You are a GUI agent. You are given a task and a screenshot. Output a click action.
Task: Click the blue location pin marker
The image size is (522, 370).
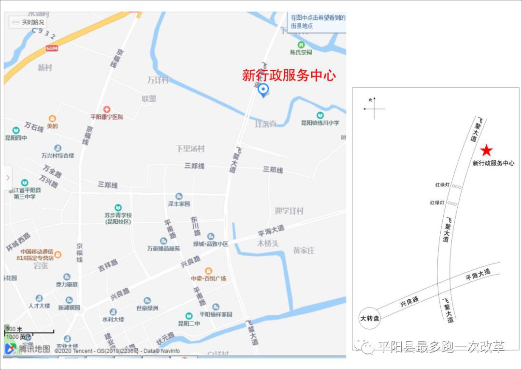pyautogui.click(x=263, y=90)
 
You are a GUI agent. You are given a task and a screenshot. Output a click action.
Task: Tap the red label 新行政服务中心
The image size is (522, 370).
pyautogui.click(x=289, y=76)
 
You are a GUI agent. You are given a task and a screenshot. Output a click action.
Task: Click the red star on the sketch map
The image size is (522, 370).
pyautogui.click(x=487, y=151)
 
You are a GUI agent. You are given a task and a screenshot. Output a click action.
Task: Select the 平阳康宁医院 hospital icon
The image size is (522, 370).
pyautogui.click(x=107, y=109)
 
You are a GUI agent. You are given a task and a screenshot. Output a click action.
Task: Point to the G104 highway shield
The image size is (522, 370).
pyautogui.click(x=52, y=48)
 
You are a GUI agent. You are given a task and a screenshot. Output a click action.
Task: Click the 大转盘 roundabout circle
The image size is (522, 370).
pyautogui.click(x=370, y=319)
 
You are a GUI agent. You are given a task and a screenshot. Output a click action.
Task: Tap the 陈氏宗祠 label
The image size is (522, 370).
pyautogui.click(x=301, y=52)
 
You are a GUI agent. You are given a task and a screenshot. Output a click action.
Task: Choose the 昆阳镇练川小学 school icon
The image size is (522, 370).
pyautogui.click(x=320, y=115)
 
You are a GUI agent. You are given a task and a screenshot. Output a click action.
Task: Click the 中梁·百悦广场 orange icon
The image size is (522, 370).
pyautogui.click(x=208, y=271)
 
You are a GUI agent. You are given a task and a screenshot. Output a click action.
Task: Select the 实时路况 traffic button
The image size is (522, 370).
pyautogui.click(x=29, y=22)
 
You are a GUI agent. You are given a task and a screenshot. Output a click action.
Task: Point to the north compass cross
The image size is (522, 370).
pyautogui.click(x=374, y=109)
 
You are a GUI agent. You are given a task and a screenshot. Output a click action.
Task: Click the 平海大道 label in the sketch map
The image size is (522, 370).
pyautogui.click(x=478, y=275)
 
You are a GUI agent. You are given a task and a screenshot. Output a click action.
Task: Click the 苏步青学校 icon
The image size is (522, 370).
pyautogui.click(x=118, y=208)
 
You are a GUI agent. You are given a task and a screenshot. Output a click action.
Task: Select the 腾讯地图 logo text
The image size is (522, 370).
pyautogui.click(x=34, y=349)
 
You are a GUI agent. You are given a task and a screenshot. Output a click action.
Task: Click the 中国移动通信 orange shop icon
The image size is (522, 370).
pyautogui.click(x=58, y=254)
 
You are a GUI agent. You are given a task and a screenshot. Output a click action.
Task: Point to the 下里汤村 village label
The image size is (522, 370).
pyautogui.click(x=190, y=149)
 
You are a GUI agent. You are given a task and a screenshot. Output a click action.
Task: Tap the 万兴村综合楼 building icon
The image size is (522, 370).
pyautogui.click(x=58, y=148)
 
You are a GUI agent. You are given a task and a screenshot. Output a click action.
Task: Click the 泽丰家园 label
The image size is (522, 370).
pyautogui.click(x=179, y=204)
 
